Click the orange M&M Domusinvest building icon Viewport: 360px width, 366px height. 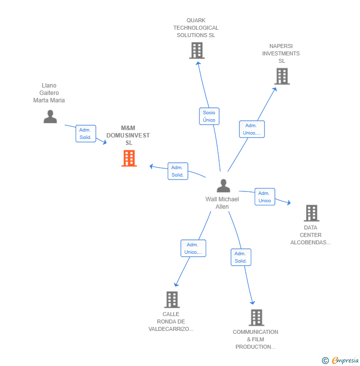pos(129,158)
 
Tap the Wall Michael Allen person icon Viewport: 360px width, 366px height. pos(224,186)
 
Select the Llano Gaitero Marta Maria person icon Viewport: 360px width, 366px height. pos(50,117)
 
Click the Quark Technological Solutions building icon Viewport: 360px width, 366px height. pos(196,50)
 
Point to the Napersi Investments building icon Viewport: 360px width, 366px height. pos(282,76)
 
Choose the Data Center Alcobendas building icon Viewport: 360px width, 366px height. pos(311,213)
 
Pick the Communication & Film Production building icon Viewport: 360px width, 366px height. pos(256,318)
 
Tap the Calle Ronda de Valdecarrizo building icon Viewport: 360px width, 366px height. pos(172,299)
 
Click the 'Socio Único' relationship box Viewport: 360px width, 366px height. pos(209,116)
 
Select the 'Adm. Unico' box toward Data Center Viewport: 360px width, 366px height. pos(265,197)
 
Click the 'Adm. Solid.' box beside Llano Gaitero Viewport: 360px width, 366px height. pos(86,134)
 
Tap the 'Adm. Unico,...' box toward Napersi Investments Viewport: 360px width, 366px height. pos(252,129)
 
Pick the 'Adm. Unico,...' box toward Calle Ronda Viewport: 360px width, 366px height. pos(193,248)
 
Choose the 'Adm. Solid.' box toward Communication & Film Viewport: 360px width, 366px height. pos(241,257)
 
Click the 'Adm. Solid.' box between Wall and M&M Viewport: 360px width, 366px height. pos(178,171)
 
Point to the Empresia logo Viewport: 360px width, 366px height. pos(345,361)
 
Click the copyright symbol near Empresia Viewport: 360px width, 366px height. pos(325,361)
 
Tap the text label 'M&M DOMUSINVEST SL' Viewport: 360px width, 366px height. pos(128,136)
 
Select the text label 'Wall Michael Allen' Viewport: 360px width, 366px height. pos(222,203)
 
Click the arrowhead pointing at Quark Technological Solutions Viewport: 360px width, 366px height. pos(198,62)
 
